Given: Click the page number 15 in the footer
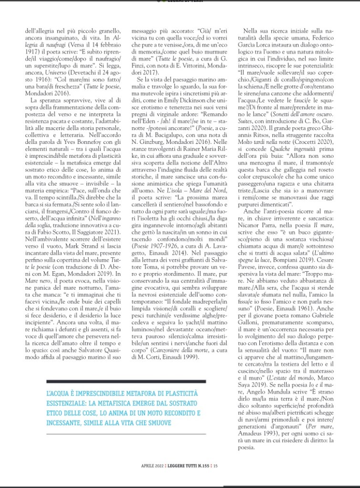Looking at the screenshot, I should pyautogui.click(x=216, y=466).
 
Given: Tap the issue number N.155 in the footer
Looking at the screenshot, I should pyautogui.click(x=203, y=466).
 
